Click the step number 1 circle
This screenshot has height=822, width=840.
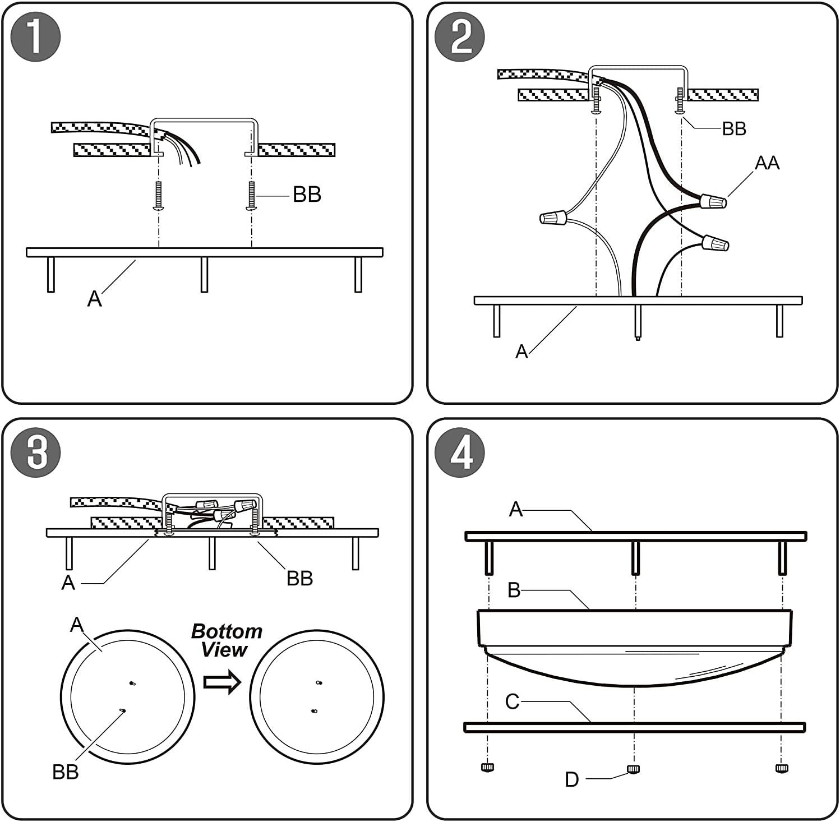tap(36, 38)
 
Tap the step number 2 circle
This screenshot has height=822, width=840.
tap(460, 38)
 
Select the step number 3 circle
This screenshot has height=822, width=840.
tap(36, 453)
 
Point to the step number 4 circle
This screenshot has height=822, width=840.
tap(460, 453)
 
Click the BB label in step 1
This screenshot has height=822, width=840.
tap(307, 195)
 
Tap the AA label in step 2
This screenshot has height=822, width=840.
tap(767, 163)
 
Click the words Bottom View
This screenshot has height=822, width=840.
tap(226, 640)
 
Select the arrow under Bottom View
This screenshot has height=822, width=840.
tap(222, 682)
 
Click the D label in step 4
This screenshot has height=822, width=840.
tap(571, 779)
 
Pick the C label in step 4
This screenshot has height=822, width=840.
tap(513, 701)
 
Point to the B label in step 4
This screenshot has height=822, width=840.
tap(514, 590)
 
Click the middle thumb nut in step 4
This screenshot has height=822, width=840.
tap(634, 768)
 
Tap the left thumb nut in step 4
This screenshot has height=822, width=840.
tap(487, 767)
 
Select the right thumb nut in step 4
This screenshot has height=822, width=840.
tap(781, 767)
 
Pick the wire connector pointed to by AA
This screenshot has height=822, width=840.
tap(713, 200)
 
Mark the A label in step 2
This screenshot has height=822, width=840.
tap(521, 352)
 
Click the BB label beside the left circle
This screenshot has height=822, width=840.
tap(65, 772)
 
